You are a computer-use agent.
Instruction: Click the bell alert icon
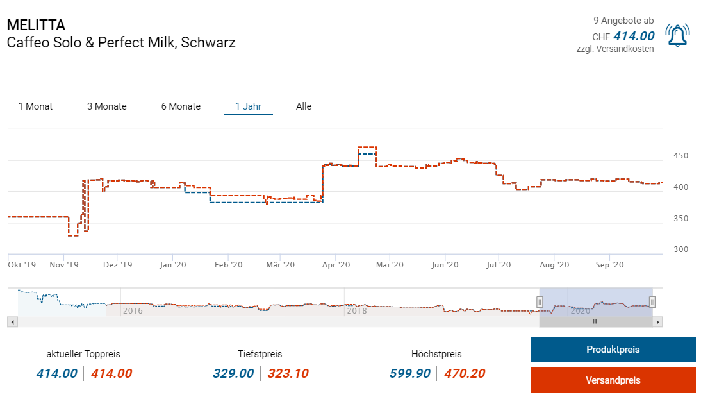[x=677, y=35]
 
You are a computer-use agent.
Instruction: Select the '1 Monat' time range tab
[x=35, y=106]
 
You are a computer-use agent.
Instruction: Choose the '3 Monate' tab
[x=107, y=106]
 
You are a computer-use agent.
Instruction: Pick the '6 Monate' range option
[x=181, y=106]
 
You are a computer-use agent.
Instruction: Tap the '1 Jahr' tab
[x=248, y=106]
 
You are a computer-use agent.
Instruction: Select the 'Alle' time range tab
[x=304, y=106]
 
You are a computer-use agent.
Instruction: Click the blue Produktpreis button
[x=613, y=350]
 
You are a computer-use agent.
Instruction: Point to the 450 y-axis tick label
[x=680, y=156]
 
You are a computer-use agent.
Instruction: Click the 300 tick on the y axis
[x=680, y=249]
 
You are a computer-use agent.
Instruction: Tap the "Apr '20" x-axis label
[x=336, y=264]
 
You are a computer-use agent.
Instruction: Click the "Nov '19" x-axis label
[x=64, y=264]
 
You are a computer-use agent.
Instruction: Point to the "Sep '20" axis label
[x=610, y=264]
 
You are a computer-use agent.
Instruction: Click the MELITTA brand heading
[x=36, y=26]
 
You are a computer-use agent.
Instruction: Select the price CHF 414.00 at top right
[x=633, y=37]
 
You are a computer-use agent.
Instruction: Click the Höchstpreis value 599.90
[x=410, y=373]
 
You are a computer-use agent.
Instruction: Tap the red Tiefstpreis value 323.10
[x=288, y=373]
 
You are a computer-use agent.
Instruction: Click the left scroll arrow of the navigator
[x=12, y=322]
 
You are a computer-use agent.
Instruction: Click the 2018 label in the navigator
[x=356, y=311]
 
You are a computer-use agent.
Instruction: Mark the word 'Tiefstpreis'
[x=260, y=354]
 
